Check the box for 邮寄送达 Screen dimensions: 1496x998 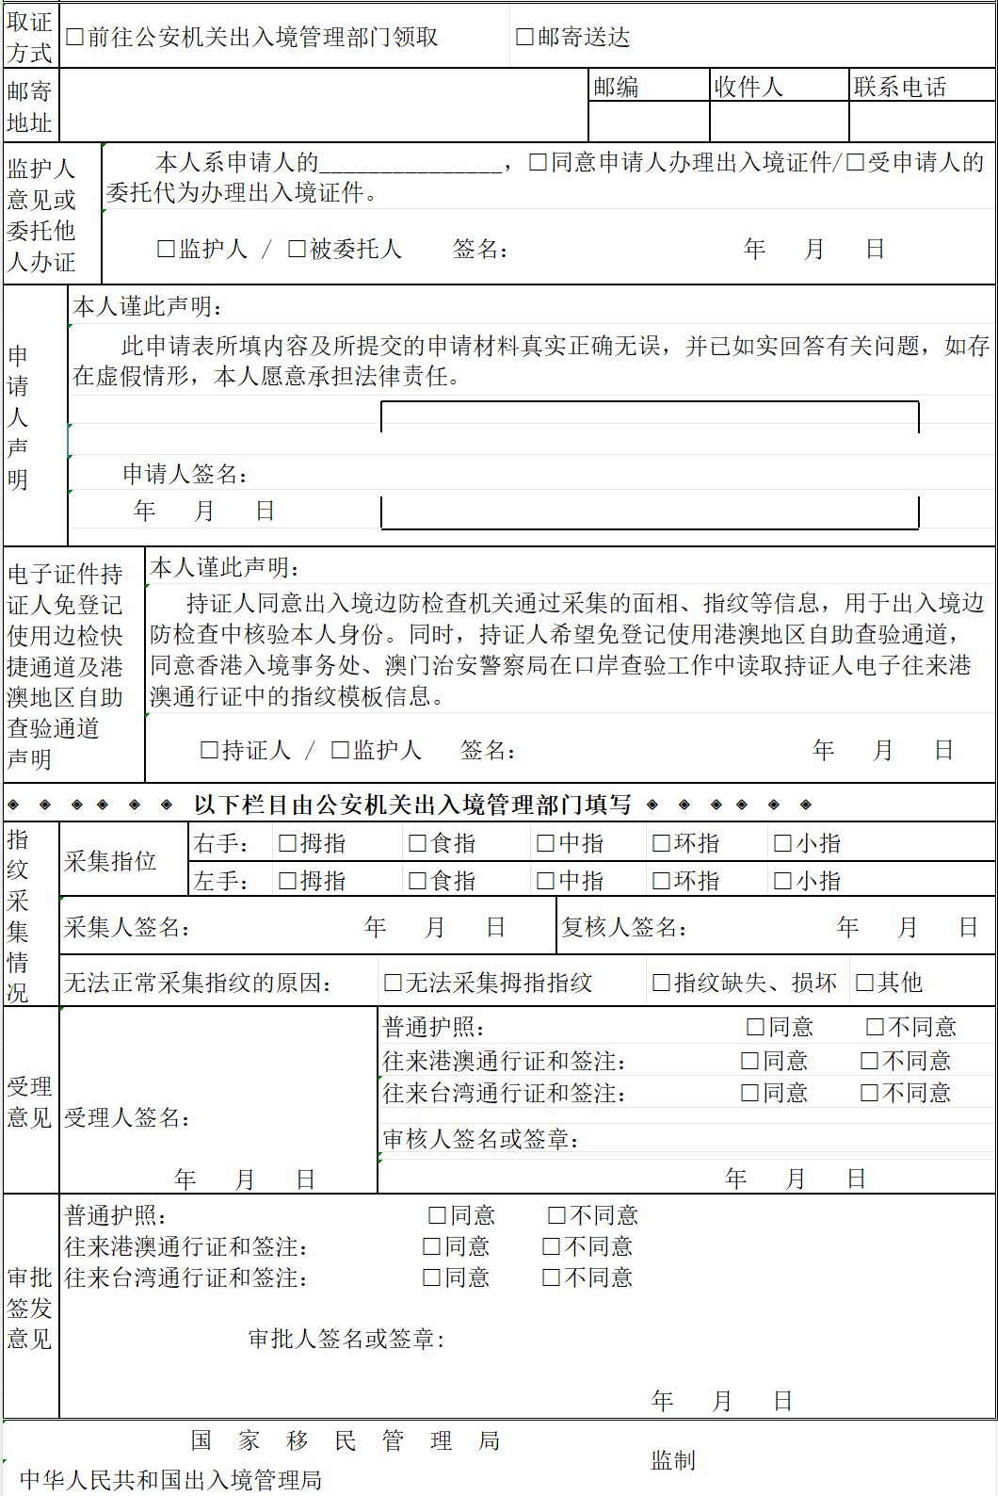(x=525, y=37)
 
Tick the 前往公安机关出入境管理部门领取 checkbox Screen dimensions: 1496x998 (x=75, y=37)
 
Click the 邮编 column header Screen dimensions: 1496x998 (x=616, y=87)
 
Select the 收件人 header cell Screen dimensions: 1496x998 (x=748, y=87)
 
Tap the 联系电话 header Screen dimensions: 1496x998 (x=899, y=87)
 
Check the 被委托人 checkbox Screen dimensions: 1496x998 (x=297, y=249)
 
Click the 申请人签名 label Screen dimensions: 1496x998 (x=185, y=474)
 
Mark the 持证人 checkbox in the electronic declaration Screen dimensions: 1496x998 (x=210, y=750)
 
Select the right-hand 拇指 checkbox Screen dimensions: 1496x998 (x=288, y=843)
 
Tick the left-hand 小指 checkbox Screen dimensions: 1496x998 (x=782, y=881)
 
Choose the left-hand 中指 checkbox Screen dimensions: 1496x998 (x=545, y=881)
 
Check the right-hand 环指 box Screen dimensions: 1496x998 (x=661, y=843)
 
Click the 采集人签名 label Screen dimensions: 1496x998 (x=127, y=928)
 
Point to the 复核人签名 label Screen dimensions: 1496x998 (x=623, y=928)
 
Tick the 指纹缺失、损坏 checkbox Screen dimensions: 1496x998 (x=661, y=983)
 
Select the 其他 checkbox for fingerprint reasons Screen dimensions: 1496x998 (x=864, y=983)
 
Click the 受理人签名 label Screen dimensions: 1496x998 (x=127, y=1118)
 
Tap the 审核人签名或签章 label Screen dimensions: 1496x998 (x=480, y=1139)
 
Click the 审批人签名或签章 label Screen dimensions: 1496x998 (x=346, y=1339)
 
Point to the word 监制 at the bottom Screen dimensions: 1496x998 (x=673, y=1460)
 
